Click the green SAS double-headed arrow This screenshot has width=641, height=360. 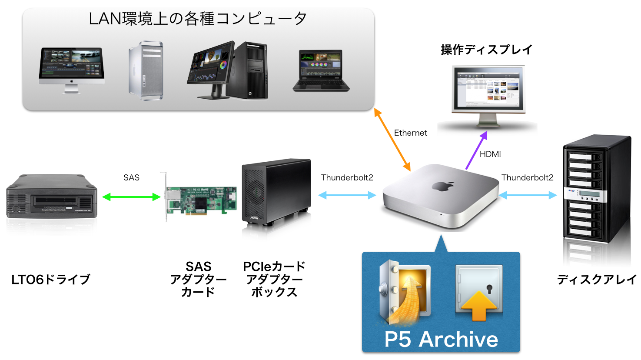pos(131,197)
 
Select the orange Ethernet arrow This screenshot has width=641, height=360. pos(392,140)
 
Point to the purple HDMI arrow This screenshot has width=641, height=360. pos(476,150)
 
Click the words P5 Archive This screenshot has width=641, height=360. pos(441,340)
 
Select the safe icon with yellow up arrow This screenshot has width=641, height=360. pos(479,293)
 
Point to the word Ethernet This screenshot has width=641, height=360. pos(410,133)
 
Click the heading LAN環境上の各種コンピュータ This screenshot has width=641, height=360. pos(198,19)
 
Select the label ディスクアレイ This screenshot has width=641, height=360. pos(597,280)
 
